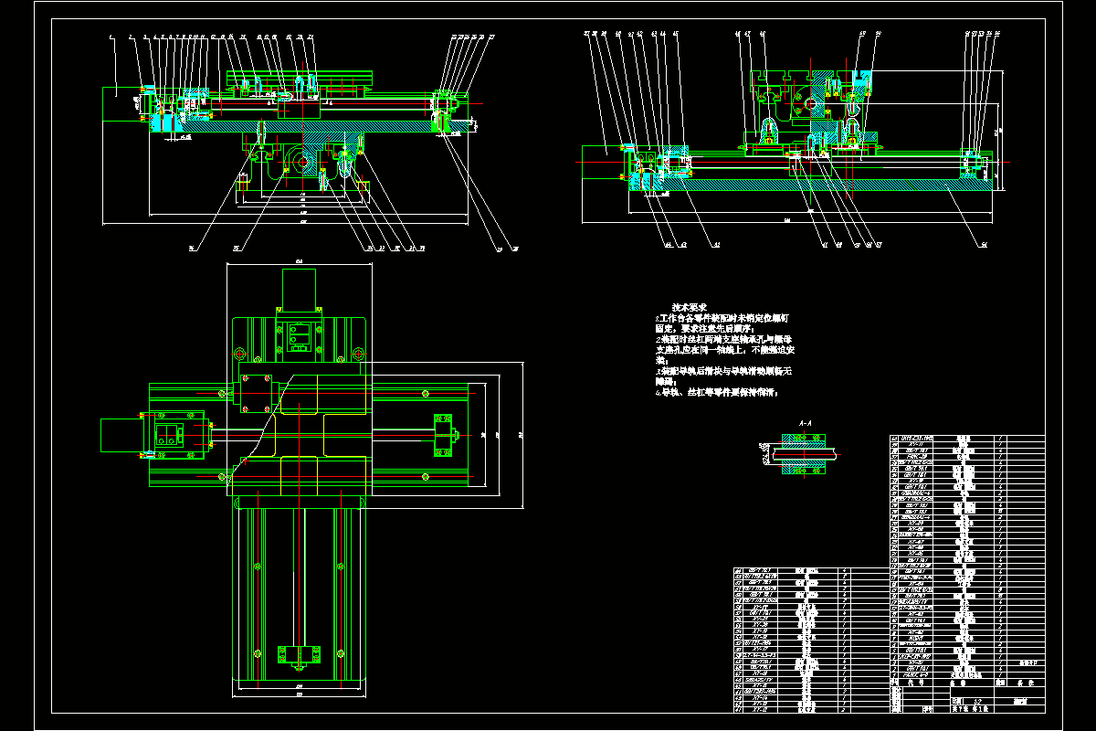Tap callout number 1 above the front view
pos(109,37)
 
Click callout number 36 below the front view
pos(192,248)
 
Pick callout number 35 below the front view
pos(236,248)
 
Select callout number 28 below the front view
pos(515,248)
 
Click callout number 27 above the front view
pos(491,37)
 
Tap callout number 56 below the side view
pos(984,245)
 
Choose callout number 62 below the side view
pos(716,245)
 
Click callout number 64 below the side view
pos(668,245)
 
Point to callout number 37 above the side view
pos(585,34)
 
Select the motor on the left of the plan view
pos(123,435)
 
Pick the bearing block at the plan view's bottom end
pos(298,654)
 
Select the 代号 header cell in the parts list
pos(912,682)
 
